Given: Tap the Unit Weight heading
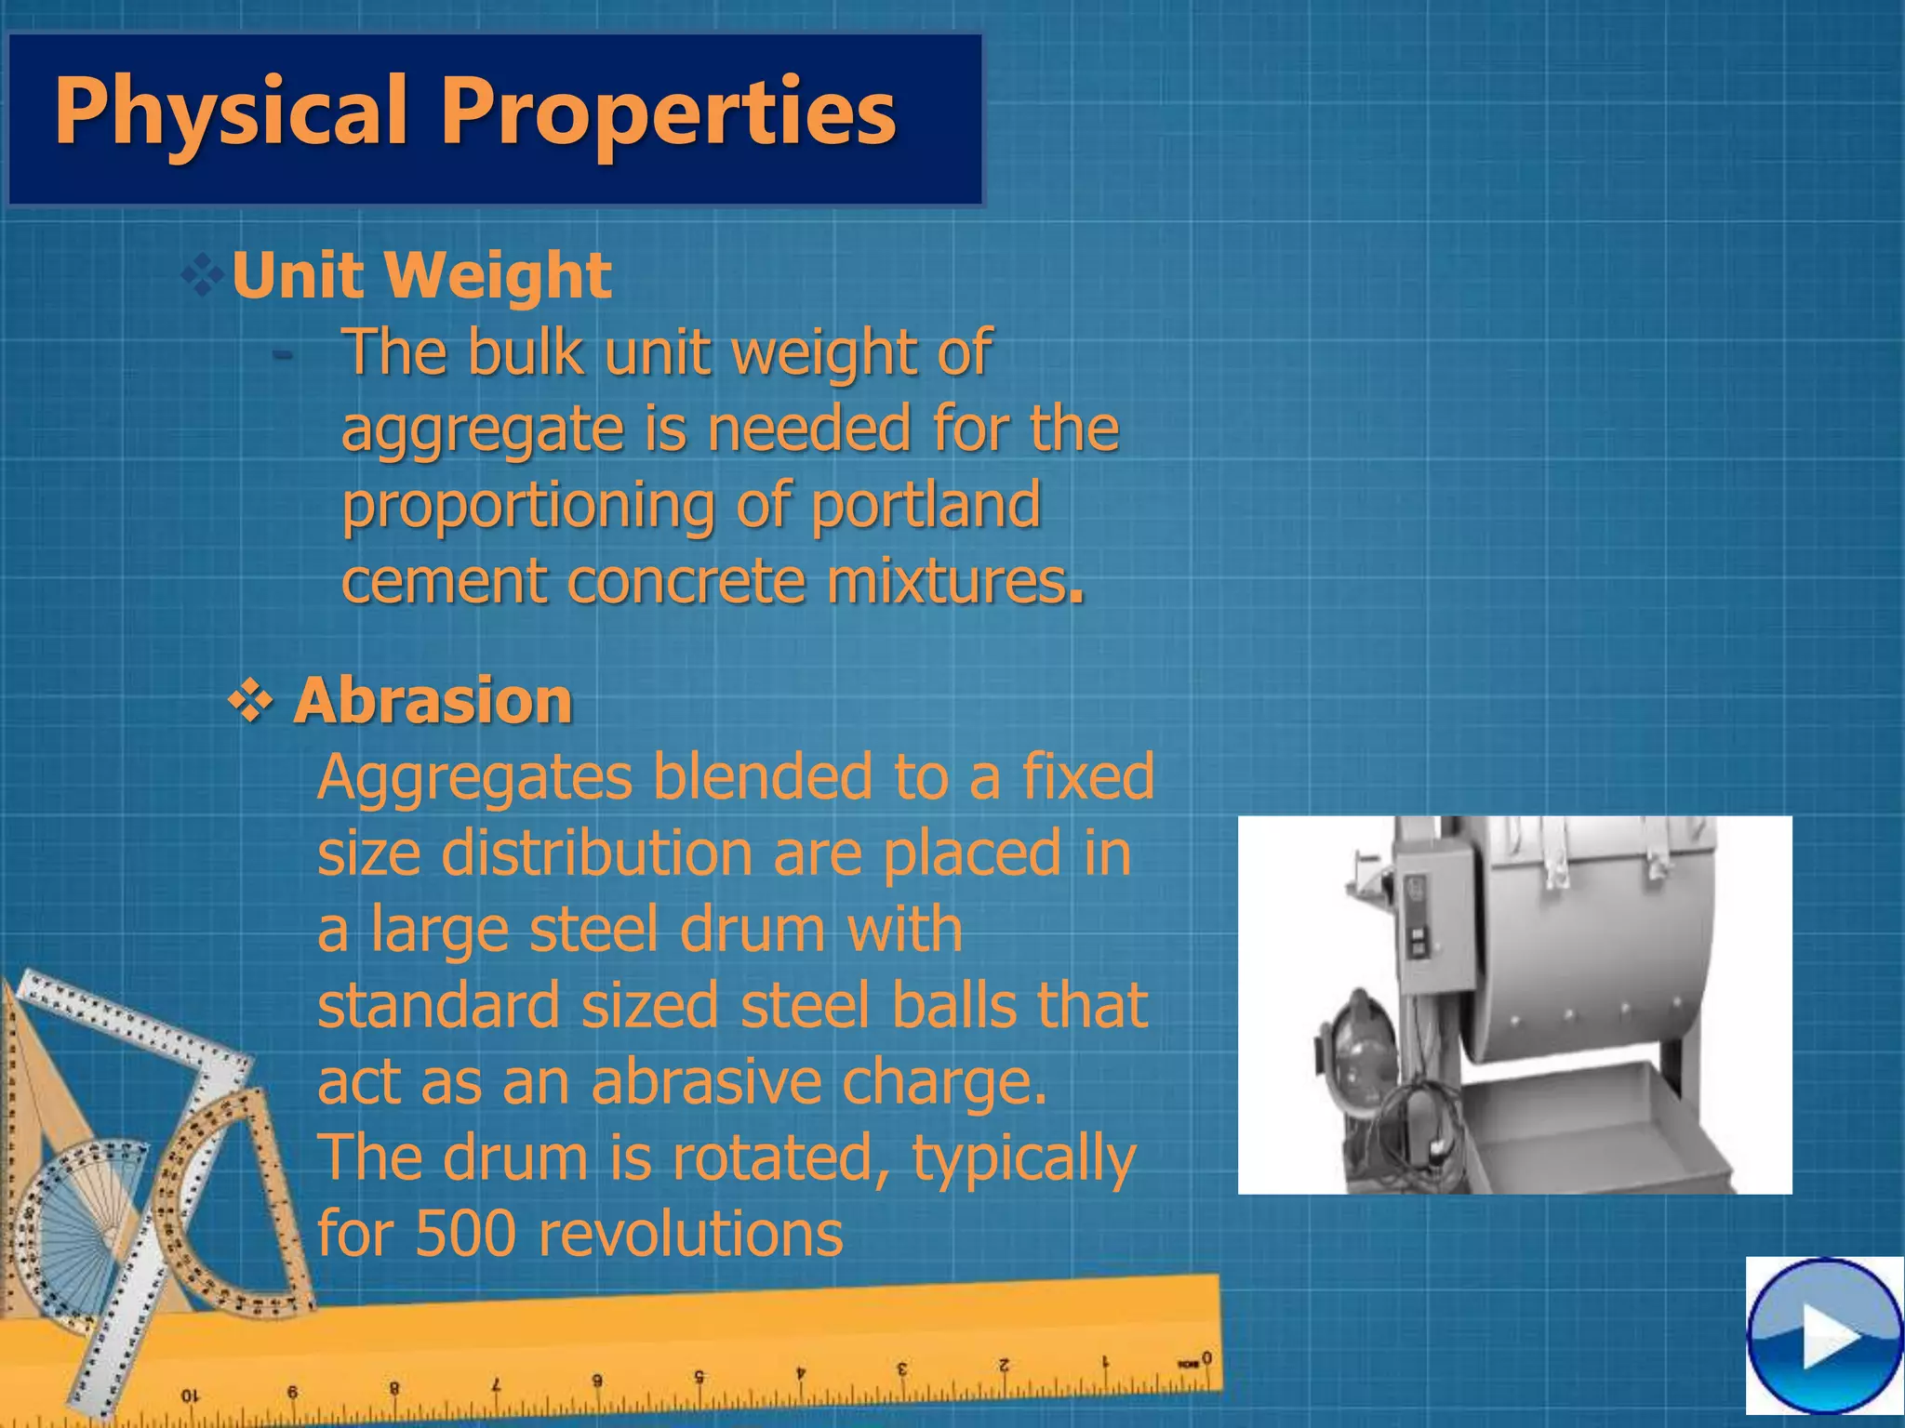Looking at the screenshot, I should (421, 275).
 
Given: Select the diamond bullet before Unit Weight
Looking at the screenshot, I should (202, 275).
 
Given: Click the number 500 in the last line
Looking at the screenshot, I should (465, 1234).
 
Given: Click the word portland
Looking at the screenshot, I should (926, 504).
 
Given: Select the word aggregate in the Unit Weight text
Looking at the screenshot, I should (482, 430).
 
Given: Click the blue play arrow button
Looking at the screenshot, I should (1824, 1337).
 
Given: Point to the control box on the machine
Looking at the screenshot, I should (1437, 930).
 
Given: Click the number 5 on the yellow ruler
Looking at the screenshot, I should (699, 1375).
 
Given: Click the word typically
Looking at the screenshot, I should (1023, 1157).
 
